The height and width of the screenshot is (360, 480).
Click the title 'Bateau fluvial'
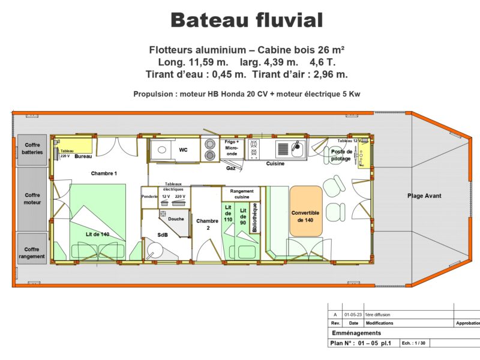(247, 20)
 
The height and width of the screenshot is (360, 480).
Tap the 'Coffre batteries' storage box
(32, 149)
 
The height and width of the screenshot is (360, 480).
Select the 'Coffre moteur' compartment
(32, 199)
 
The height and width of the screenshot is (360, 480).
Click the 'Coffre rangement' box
(32, 248)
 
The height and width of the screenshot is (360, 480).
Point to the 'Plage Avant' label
(424, 196)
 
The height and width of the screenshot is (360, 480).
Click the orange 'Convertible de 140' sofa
(306, 211)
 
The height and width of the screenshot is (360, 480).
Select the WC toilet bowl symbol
(162, 150)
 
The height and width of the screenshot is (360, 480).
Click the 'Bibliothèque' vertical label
(254, 217)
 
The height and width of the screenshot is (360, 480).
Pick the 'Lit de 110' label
(228, 214)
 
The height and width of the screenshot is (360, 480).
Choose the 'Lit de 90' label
(243, 217)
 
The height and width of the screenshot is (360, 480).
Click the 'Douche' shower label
(176, 219)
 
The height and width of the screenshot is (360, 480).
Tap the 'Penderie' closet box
(149, 197)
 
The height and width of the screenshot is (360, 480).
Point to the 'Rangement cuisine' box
(241, 194)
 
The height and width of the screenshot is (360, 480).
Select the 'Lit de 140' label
(97, 235)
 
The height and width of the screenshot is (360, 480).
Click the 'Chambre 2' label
(207, 224)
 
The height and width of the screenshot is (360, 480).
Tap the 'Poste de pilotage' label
(341, 155)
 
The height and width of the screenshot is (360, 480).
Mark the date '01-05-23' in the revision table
(353, 314)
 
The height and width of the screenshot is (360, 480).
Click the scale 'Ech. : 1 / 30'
(413, 343)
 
